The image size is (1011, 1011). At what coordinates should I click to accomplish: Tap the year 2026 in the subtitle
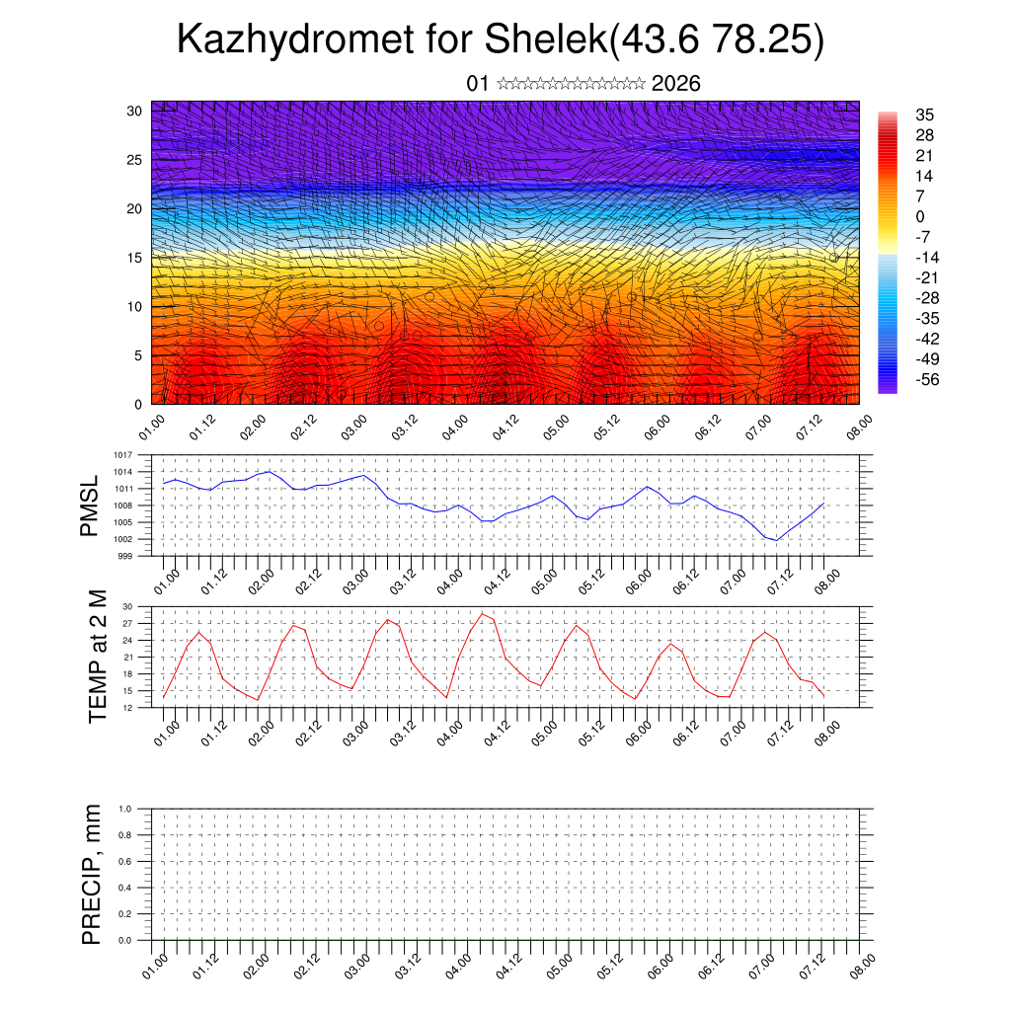(x=676, y=84)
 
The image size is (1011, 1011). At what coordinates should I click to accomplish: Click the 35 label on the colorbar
(x=925, y=115)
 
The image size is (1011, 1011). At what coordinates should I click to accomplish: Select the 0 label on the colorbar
(x=920, y=216)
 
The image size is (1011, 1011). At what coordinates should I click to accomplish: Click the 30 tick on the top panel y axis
(x=134, y=111)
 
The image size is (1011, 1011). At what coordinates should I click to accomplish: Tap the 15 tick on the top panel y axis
(x=134, y=258)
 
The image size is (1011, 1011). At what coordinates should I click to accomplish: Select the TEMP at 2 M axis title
(x=98, y=657)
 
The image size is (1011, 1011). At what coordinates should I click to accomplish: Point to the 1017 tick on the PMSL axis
(x=123, y=455)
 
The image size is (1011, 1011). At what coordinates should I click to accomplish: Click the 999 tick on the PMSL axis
(x=125, y=556)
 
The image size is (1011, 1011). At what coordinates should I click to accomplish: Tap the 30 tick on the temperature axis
(x=128, y=606)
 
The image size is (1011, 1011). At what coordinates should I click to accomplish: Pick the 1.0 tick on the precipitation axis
(x=125, y=809)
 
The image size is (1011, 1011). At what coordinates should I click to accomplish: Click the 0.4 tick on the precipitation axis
(x=125, y=889)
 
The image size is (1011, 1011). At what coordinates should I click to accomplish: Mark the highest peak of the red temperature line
(x=482, y=613)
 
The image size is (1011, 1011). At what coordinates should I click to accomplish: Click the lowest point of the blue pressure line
(x=777, y=541)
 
